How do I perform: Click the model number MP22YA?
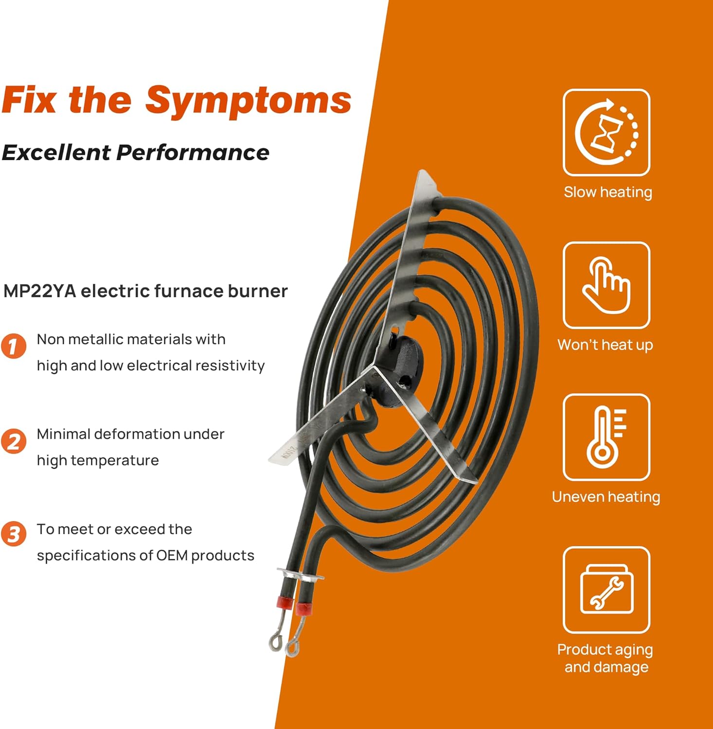(39, 291)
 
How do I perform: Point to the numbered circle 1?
(13, 346)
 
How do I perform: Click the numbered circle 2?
(13, 441)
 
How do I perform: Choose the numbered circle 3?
(13, 534)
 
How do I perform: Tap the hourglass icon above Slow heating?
(606, 133)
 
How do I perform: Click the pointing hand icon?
(606, 285)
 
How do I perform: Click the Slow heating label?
(607, 192)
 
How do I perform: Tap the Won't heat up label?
(605, 345)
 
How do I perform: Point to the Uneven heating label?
(606, 497)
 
